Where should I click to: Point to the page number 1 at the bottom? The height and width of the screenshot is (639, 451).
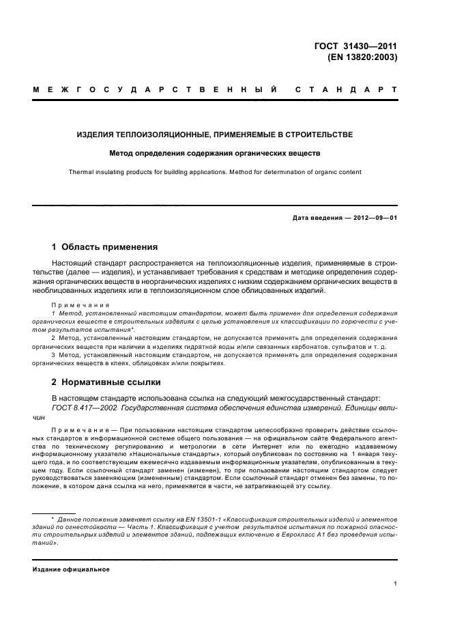click(x=395, y=584)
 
